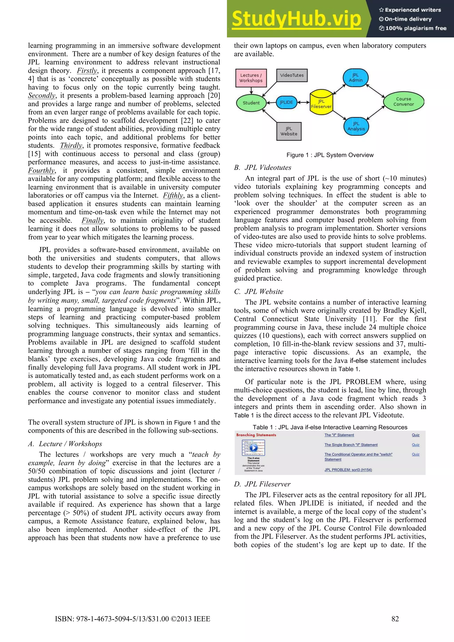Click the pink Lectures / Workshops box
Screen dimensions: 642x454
pyautogui.click(x=251, y=78)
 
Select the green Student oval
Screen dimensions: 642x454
pyautogui.click(x=251, y=103)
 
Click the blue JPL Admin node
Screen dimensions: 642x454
pyautogui.click(x=356, y=78)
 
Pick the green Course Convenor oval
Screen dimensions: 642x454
pyautogui.click(x=403, y=101)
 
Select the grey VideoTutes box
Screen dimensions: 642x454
pyautogui.click(x=292, y=75)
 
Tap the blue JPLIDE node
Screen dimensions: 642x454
pyautogui.click(x=286, y=102)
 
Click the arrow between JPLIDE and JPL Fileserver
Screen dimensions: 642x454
pyautogui.click(x=303, y=102)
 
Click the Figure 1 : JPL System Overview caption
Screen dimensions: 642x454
pyautogui.click(x=330, y=155)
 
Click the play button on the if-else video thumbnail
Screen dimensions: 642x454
pyautogui.click(x=253, y=448)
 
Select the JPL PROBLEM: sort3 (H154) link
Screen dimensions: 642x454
pyautogui.click(x=348, y=470)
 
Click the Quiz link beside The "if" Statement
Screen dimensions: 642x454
pyautogui.click(x=415, y=435)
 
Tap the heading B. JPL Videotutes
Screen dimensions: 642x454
pyautogui.click(x=263, y=167)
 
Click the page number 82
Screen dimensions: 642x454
pyautogui.click(x=395, y=619)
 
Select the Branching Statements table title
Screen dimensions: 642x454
pyautogui.click(x=256, y=435)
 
